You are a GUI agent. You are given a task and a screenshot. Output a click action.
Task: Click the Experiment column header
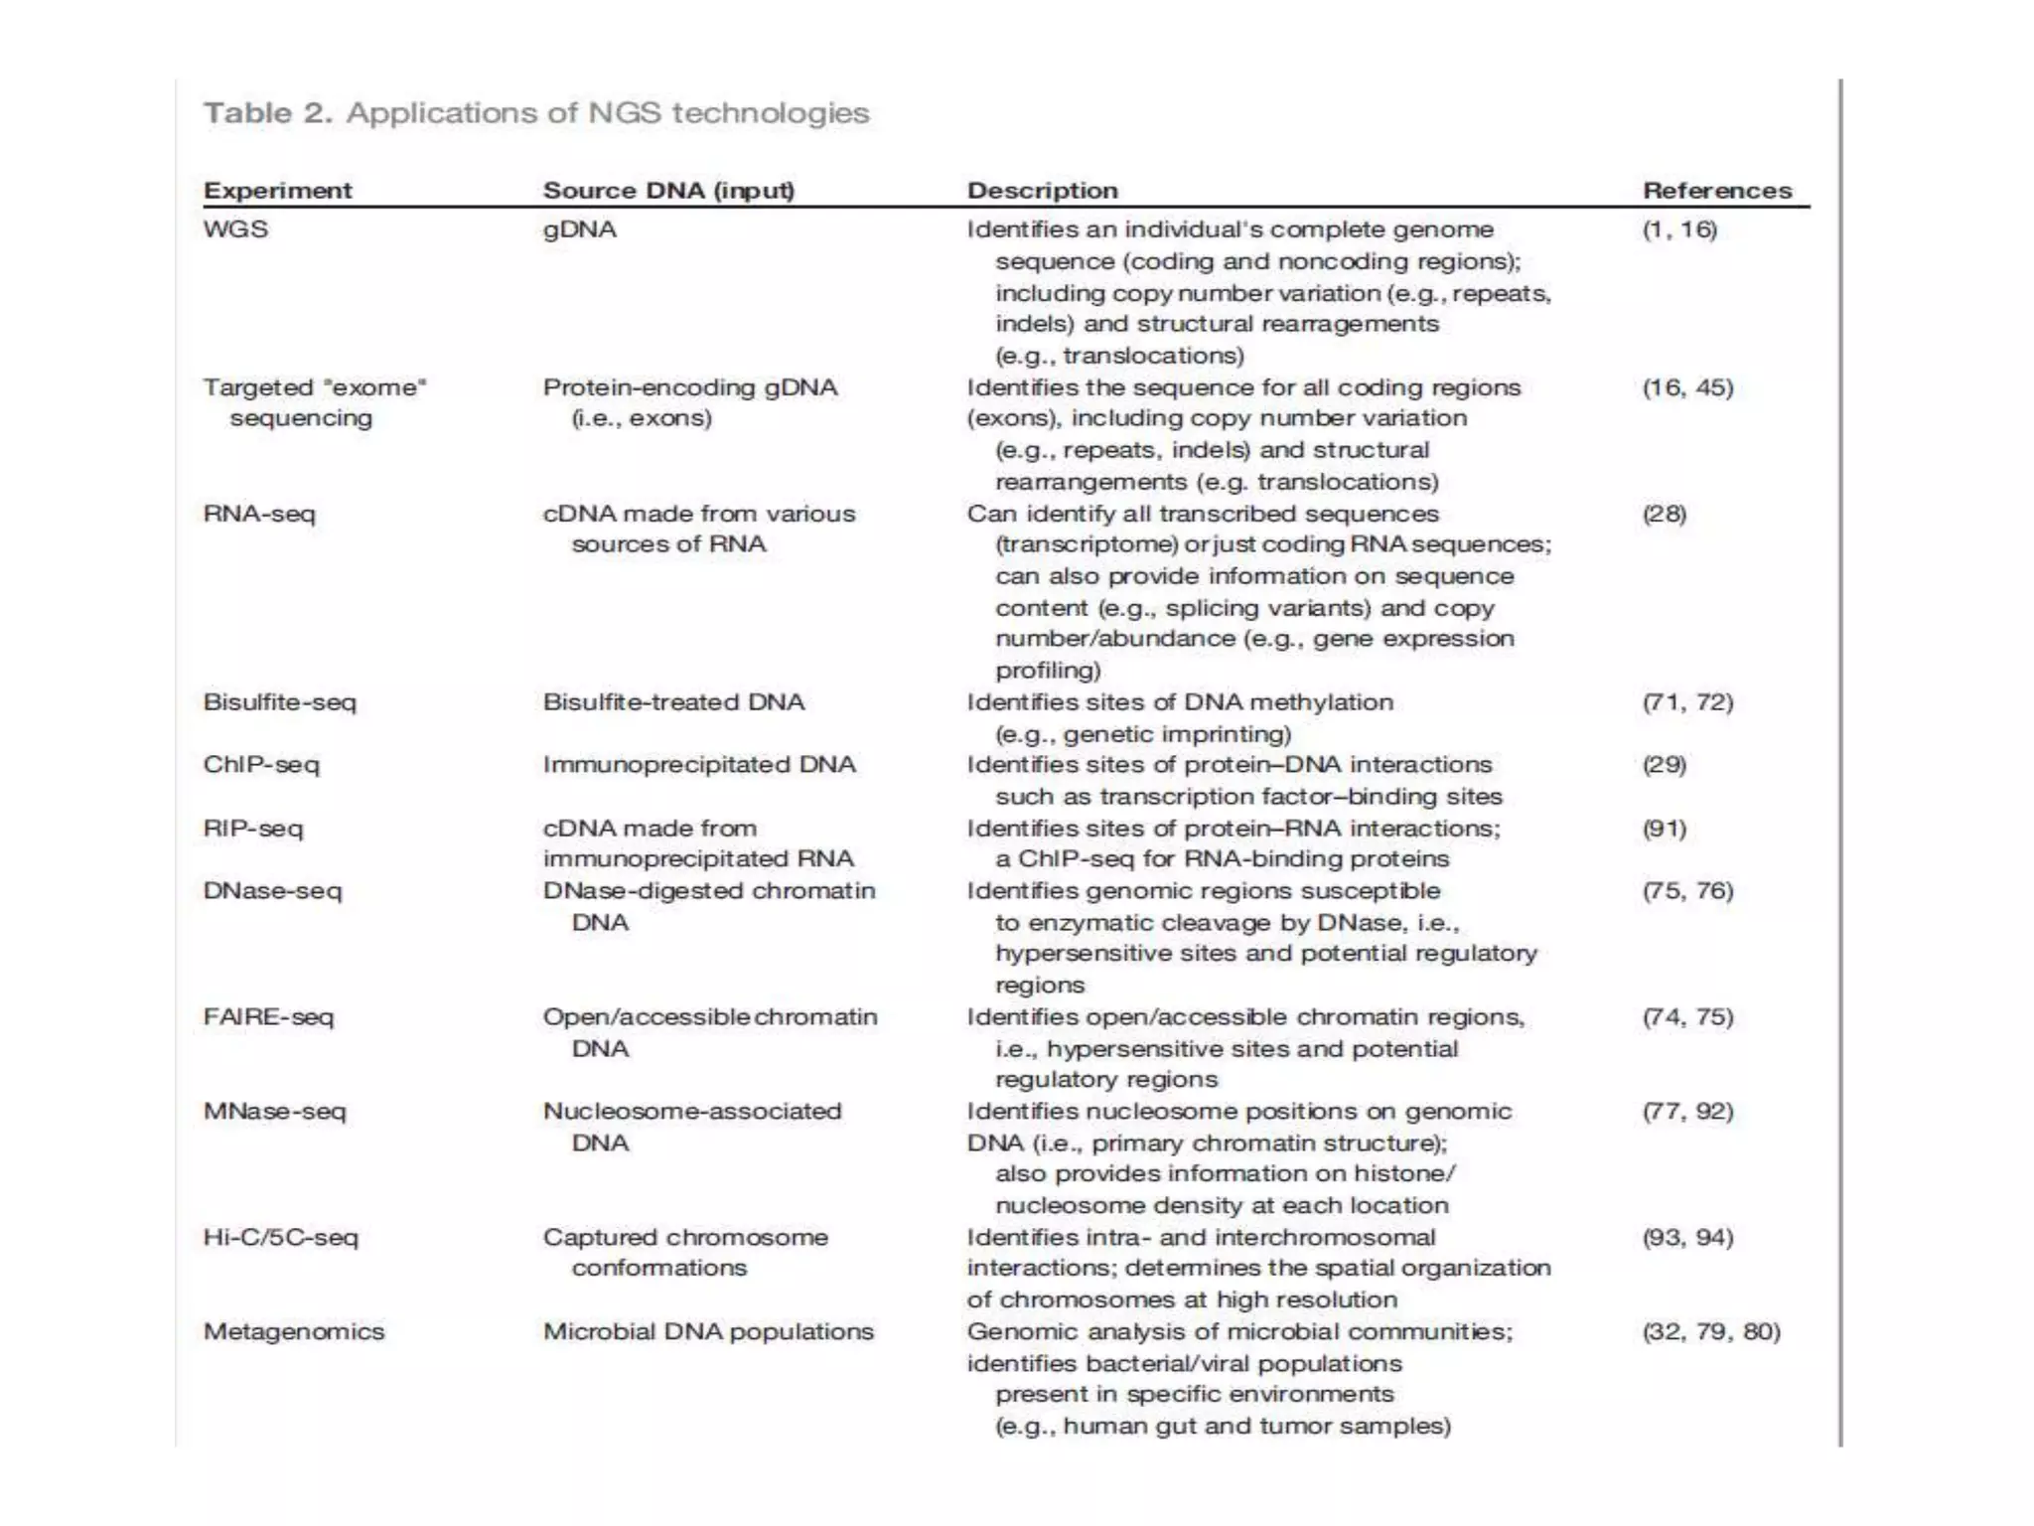[x=277, y=190]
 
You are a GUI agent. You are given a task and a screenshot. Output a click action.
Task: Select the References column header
[x=1717, y=190]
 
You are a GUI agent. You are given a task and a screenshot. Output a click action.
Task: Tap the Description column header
[x=1042, y=190]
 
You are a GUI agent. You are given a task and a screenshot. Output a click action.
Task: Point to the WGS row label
[x=235, y=229]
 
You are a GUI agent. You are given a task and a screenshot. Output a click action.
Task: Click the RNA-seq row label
[x=259, y=514]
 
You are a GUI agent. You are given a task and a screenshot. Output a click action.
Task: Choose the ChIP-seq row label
[x=261, y=765]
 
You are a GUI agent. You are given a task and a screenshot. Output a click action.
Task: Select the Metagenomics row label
[x=294, y=1331]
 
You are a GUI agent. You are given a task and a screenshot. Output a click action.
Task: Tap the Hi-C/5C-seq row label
[x=280, y=1237]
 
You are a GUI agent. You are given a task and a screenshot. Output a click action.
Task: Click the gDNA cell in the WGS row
[x=579, y=229]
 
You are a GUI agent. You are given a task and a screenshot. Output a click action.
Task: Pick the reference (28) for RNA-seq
[x=1665, y=514]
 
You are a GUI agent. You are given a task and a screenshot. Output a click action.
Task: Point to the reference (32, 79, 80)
[x=1711, y=1331]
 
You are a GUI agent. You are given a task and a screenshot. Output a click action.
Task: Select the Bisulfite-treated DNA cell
[x=673, y=702]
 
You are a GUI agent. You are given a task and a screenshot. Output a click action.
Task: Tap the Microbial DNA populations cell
[x=708, y=1331]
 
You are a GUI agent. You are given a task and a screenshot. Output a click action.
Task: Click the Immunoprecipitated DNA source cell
[x=699, y=765]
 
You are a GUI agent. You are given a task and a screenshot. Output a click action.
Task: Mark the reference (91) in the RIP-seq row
[x=1665, y=828]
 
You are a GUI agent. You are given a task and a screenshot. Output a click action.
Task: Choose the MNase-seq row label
[x=274, y=1111]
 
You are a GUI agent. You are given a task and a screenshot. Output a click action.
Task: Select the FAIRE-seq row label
[x=268, y=1016]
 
